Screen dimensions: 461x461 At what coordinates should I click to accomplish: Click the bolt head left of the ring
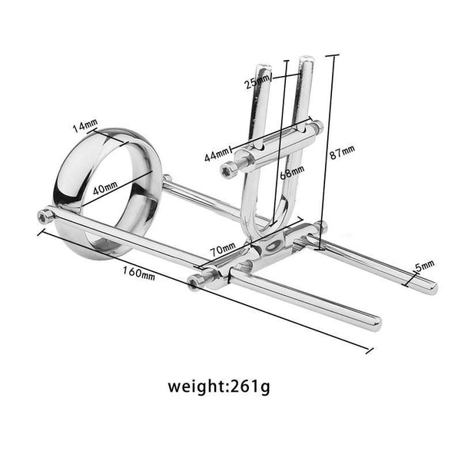click(x=45, y=217)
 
